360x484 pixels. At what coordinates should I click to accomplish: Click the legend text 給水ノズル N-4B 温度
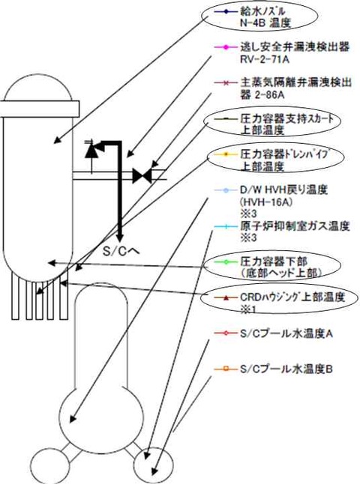(265, 17)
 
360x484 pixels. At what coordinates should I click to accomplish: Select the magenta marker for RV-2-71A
(226, 47)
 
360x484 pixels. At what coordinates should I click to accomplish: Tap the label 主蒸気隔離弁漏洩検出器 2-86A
(295, 88)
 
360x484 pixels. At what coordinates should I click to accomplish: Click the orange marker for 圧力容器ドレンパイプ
(226, 154)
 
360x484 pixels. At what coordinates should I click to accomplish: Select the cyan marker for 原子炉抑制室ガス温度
(226, 227)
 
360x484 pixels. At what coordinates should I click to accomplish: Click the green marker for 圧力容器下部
(226, 262)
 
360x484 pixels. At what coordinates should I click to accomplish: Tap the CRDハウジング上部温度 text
(292, 297)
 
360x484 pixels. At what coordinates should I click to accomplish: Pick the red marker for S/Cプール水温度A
(226, 333)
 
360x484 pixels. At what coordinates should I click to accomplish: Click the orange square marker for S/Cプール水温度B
(226, 369)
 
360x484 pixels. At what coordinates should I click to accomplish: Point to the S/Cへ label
(121, 252)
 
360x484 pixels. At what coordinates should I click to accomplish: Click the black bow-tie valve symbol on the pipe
(142, 176)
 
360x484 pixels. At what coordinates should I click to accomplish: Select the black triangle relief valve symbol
(91, 151)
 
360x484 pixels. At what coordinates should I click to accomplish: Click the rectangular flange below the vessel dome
(40, 109)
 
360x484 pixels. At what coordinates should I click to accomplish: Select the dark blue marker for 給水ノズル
(226, 12)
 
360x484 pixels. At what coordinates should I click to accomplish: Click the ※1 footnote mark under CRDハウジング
(248, 309)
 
